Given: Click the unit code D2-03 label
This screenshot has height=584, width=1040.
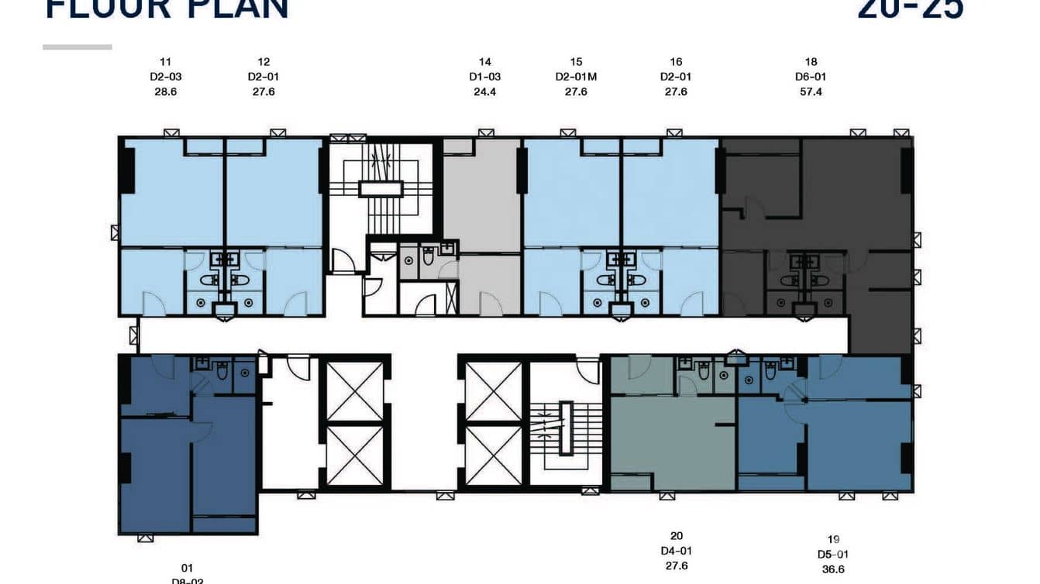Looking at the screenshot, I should coord(166,77).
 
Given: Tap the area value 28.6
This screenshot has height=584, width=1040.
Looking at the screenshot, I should coord(166,91).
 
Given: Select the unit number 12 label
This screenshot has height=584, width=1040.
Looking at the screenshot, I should coord(263,62).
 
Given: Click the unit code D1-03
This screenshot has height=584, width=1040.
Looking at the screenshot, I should coord(485,77).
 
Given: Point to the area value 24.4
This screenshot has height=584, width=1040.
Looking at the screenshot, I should coord(485,91).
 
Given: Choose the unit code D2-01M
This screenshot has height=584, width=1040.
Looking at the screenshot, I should coord(576,77).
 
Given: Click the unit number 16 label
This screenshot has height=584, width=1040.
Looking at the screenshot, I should coord(676,62).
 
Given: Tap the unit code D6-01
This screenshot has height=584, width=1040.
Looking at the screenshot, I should coord(811,77).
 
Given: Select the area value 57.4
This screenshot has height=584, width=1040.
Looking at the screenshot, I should coord(811,91).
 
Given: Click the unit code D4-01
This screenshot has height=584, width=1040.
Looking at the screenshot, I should coord(677,551).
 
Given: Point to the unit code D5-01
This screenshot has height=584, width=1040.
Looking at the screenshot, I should coord(833,555).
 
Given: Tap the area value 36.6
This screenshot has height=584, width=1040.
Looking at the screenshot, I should coord(833,569).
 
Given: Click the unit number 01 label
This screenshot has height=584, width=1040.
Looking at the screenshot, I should coord(187,568).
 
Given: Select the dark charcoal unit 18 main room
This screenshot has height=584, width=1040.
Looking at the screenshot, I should coord(852,194).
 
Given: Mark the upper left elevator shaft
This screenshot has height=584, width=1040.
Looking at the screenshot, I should coord(355,390).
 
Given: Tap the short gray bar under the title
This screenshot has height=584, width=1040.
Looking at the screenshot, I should coord(77,47).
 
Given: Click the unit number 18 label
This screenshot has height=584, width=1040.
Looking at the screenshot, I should coord(811,62).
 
